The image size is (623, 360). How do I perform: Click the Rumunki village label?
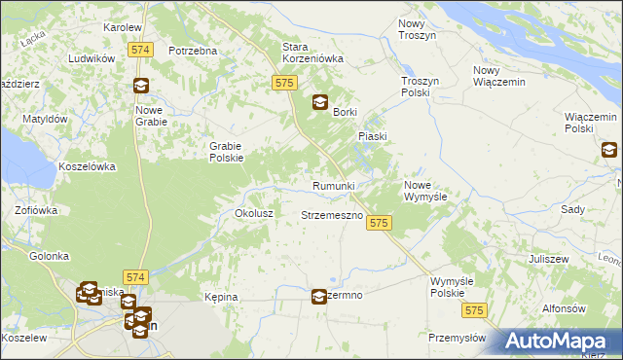(340, 186)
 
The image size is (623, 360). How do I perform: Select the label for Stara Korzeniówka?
(312, 53)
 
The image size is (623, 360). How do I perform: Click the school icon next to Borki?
(319, 102)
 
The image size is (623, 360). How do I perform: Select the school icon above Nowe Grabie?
(141, 86)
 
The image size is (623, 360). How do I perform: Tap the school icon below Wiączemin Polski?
(609, 149)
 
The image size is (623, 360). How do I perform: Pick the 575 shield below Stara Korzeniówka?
(284, 85)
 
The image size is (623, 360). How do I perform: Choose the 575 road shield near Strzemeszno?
(380, 224)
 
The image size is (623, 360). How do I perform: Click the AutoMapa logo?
(561, 341)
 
